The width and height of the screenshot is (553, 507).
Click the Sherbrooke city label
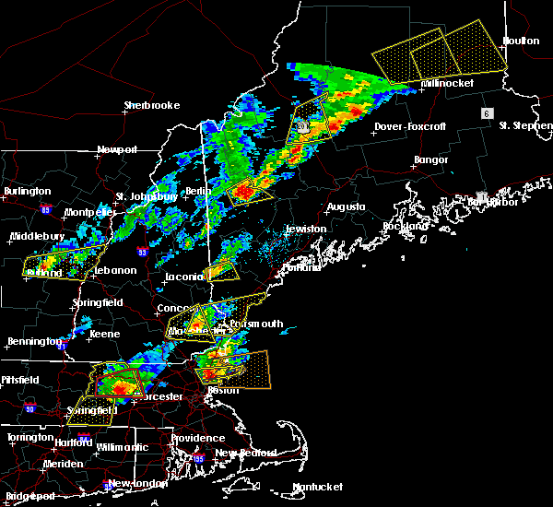(152, 105)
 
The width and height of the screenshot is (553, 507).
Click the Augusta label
(347, 206)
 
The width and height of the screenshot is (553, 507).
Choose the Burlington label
(27, 191)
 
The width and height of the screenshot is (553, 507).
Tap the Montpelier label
(88, 212)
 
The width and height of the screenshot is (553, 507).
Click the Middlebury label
(34, 236)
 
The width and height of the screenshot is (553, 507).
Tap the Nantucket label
(318, 487)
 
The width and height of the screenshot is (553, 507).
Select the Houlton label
(521, 41)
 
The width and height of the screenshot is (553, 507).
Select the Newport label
(117, 149)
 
